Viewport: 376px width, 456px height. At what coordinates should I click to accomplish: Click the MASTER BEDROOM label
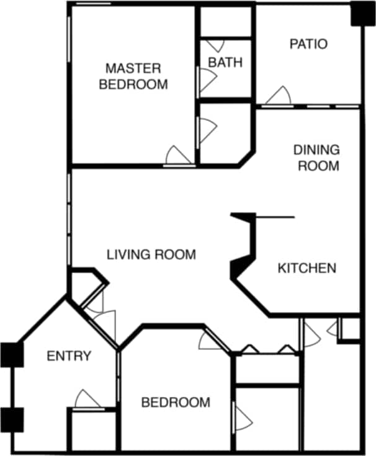point(133,76)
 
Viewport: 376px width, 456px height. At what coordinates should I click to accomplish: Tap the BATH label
point(225,63)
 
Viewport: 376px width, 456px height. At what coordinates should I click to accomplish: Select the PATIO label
point(308,44)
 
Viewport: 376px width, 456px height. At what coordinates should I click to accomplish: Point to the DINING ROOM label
point(316,158)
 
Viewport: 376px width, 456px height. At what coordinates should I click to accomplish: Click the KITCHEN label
point(307,268)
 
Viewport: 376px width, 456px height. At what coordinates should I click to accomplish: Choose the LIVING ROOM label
point(151,254)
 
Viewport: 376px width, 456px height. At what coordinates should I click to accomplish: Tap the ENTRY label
point(69,356)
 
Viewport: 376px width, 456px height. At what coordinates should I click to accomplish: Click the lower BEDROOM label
point(176,403)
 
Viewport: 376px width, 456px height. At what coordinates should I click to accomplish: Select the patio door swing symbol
point(279,96)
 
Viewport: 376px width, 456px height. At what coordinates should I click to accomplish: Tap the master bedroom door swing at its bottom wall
point(179,156)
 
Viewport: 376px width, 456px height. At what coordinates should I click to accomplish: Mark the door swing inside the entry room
point(87,400)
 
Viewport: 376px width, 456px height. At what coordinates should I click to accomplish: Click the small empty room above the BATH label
point(225,22)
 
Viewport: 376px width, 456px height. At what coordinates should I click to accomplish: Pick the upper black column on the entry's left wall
point(11,354)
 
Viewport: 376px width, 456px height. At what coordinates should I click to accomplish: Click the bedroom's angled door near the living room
point(214,341)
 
